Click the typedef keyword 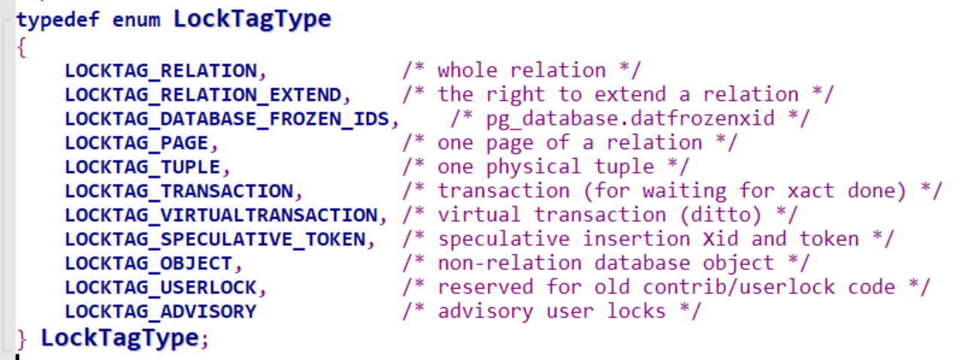coord(58,20)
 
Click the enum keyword coord(136,20)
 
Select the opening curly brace coord(22,47)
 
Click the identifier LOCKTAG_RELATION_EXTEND coord(203,95)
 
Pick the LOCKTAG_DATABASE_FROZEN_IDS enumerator coord(227,119)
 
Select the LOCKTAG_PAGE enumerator coord(137,144)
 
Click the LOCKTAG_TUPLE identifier coord(143,168)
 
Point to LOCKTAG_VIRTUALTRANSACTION coord(221,216)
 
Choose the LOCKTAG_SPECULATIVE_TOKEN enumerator coord(215,240)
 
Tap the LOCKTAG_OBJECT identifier coord(149,264)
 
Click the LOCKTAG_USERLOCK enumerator coord(161,288)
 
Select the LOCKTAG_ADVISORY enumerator coord(161,312)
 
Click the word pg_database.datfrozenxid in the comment coord(631,119)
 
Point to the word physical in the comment coord(534,168)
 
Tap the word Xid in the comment coord(721,240)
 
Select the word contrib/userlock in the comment coord(739,287)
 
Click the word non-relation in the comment coord(510,264)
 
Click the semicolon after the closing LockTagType coord(204,340)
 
